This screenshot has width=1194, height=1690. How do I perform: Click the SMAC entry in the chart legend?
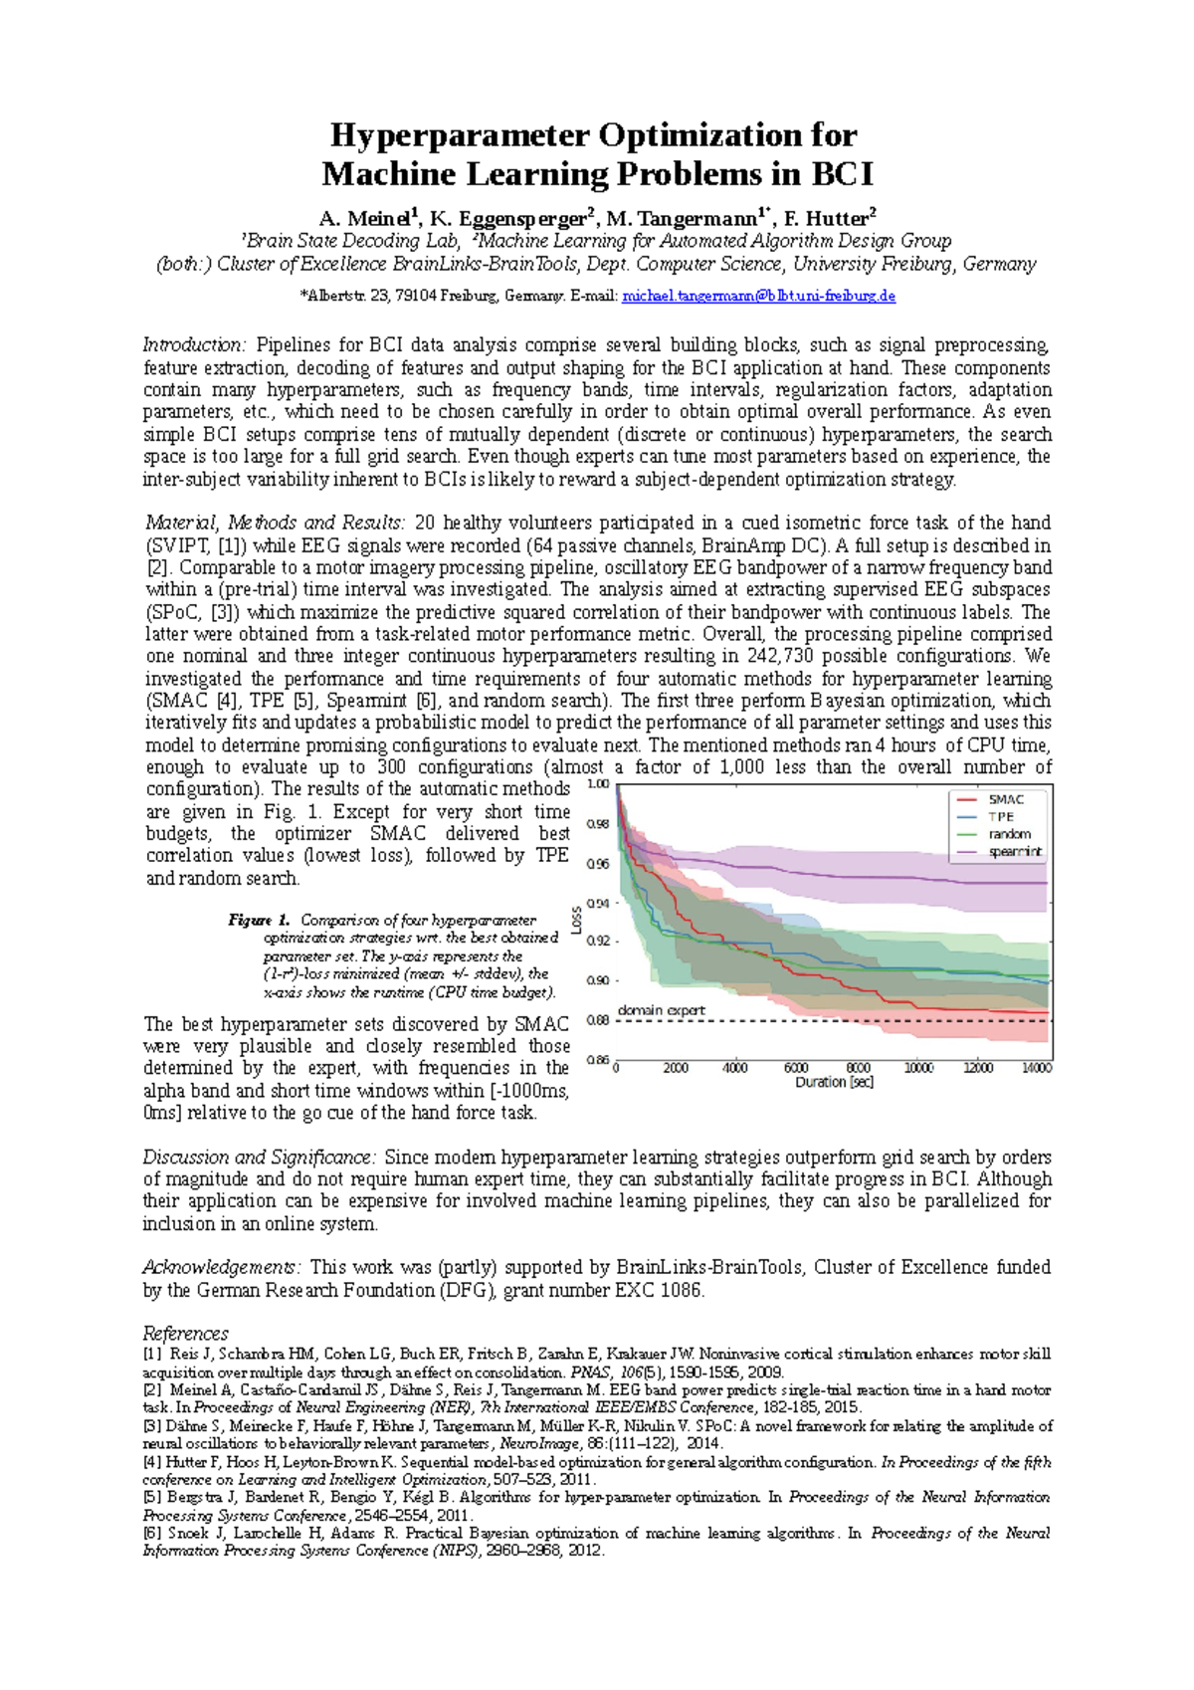coord(1005,799)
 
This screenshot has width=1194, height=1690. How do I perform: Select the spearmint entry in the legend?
coord(1014,852)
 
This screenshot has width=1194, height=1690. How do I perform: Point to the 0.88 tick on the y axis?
coord(597,1020)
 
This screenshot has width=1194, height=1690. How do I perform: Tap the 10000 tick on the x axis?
coord(917,1068)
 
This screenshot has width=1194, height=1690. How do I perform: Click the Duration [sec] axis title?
coord(834,1082)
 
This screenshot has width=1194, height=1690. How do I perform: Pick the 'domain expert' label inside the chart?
coord(661,1010)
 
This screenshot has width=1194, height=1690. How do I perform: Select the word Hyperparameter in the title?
coord(457,134)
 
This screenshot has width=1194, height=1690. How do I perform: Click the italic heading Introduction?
coord(194,345)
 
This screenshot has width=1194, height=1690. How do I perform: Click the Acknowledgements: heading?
coord(220,1267)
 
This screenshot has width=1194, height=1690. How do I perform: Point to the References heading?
coord(185,1333)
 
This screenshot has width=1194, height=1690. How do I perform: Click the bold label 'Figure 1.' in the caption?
coord(258,920)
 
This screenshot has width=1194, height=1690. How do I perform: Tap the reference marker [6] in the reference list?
coord(151,1533)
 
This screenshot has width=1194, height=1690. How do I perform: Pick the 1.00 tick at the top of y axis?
coord(597,784)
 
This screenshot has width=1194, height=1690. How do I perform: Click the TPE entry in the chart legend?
coord(1000,816)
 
